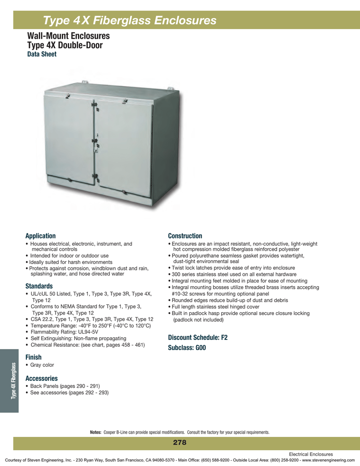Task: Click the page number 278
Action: click(180, 443)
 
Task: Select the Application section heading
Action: click(41, 236)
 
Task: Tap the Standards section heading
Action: click(39, 286)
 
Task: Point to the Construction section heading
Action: click(185, 236)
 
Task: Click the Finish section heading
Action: click(34, 358)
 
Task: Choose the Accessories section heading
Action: click(41, 378)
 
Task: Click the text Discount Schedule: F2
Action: click(198, 338)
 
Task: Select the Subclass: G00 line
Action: click(187, 348)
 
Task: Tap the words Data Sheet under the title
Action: click(42, 54)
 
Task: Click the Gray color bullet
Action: click(41, 365)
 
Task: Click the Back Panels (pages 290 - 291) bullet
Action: click(63, 386)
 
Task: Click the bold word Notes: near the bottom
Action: click(96, 432)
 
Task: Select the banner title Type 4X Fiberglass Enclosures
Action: click(130, 20)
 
